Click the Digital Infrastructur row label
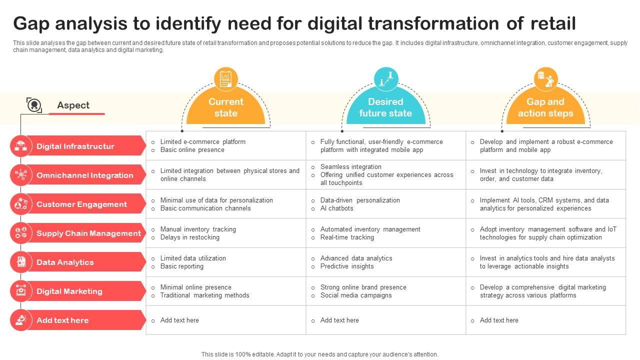coord(75,146)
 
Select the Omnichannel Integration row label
coord(85,175)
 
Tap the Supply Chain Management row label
coord(88,233)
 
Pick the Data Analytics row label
coord(65,262)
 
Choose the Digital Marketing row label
coord(69,291)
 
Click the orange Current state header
coord(225,107)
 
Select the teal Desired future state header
coord(385,107)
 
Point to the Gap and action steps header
coord(545,107)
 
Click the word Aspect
coord(73,105)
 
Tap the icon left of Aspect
coord(34,105)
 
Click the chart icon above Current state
coord(225,79)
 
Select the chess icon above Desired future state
coord(386,79)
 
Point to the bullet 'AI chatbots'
coord(336,208)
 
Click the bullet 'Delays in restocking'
coord(189,237)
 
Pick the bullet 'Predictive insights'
coord(347,266)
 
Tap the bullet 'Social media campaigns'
coord(356,295)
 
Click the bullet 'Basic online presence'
coord(192,150)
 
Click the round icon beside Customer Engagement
coord(20,204)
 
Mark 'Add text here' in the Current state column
coord(179,320)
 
